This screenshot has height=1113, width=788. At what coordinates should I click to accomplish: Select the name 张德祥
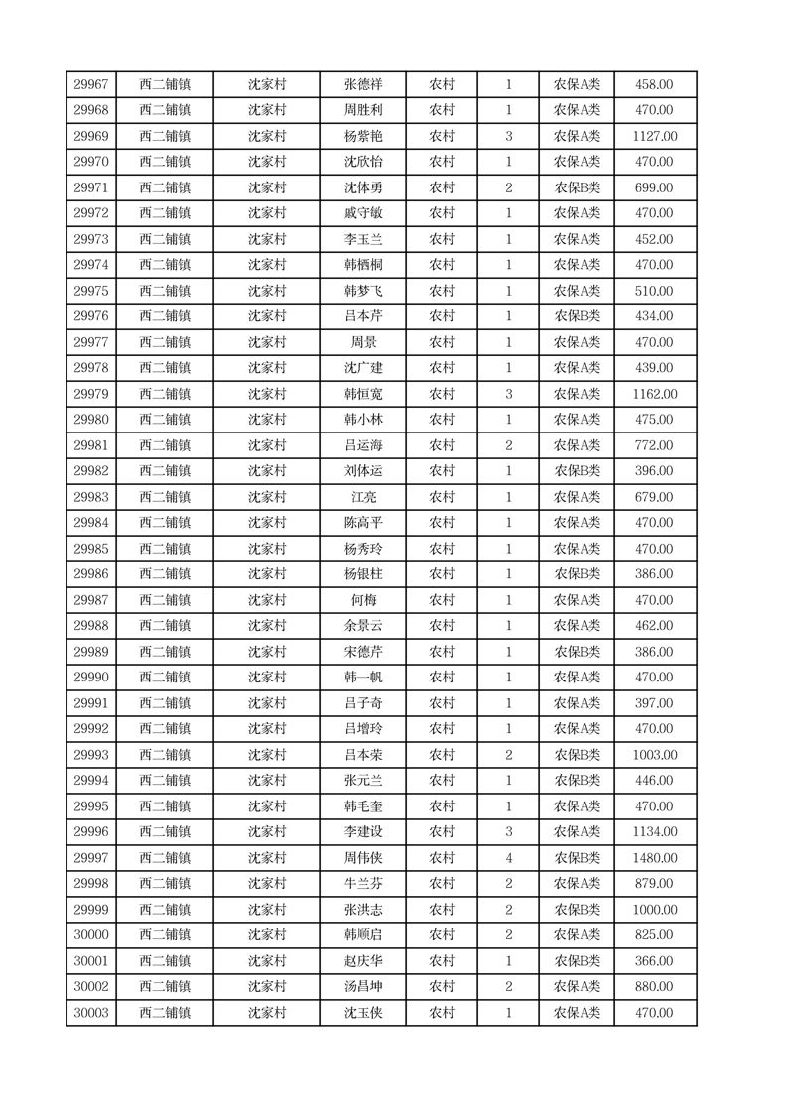click(362, 85)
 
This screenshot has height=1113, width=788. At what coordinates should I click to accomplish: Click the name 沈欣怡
click(362, 162)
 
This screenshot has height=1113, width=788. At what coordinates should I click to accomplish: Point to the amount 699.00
click(654, 187)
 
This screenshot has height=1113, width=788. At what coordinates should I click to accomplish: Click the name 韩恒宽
click(362, 394)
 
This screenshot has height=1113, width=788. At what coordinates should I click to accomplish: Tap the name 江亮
click(362, 497)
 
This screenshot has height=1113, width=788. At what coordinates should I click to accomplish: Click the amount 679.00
click(654, 497)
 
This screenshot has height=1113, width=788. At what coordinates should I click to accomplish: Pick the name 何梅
click(362, 600)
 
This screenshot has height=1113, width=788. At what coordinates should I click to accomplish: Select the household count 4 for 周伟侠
click(508, 858)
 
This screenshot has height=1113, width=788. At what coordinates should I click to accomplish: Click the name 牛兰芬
click(362, 884)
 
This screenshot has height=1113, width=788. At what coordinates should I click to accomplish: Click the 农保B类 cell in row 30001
click(576, 961)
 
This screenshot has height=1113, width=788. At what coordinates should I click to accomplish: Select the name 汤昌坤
click(362, 987)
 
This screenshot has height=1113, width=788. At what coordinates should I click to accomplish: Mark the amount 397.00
click(654, 703)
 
